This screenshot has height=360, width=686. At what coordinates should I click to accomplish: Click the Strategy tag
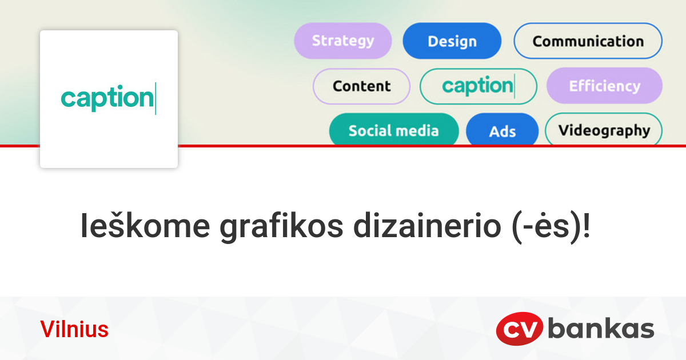(343, 41)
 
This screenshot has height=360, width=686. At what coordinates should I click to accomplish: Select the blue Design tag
(452, 41)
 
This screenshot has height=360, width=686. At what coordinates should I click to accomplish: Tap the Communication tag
(588, 41)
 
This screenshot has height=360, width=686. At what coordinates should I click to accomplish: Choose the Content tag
(361, 86)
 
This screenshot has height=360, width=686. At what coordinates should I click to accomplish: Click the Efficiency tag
(604, 86)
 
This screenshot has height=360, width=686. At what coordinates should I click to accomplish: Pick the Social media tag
(393, 130)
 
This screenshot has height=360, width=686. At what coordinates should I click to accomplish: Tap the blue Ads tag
(502, 131)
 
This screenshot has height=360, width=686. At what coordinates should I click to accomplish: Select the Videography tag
(604, 130)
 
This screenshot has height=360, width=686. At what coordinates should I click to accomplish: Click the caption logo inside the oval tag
(478, 86)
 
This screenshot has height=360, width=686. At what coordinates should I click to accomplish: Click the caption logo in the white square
(107, 98)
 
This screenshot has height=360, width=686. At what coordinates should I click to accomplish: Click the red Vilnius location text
(74, 330)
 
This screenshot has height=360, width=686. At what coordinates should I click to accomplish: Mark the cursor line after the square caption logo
(155, 98)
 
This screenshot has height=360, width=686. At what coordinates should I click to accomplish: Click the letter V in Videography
(563, 130)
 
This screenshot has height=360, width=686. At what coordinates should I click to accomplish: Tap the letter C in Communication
(538, 41)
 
